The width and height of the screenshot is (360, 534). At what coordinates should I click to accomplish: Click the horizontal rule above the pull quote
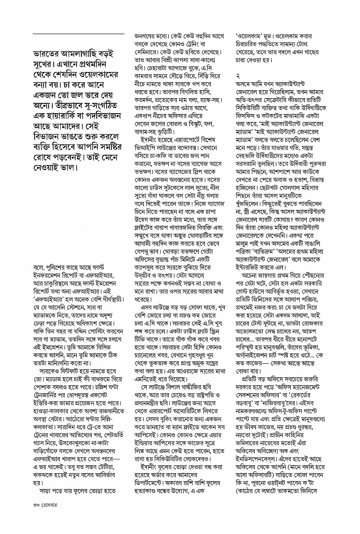coord(78,35)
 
